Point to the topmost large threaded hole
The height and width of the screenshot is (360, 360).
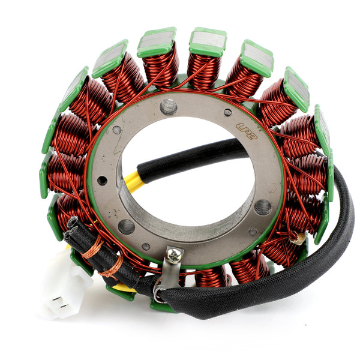coord(168,107)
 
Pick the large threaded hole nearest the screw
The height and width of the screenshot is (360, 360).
coord(126,226)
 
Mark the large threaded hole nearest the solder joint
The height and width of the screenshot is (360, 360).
coord(263,207)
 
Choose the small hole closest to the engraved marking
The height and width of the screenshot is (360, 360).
coord(227,112)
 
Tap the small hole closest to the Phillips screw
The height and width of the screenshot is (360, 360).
coord(146,246)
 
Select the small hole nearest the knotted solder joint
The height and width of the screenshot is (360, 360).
coord(253,231)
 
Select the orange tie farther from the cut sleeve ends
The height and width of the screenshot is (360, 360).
coord(112,266)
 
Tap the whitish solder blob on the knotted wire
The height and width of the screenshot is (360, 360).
coord(296,239)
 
